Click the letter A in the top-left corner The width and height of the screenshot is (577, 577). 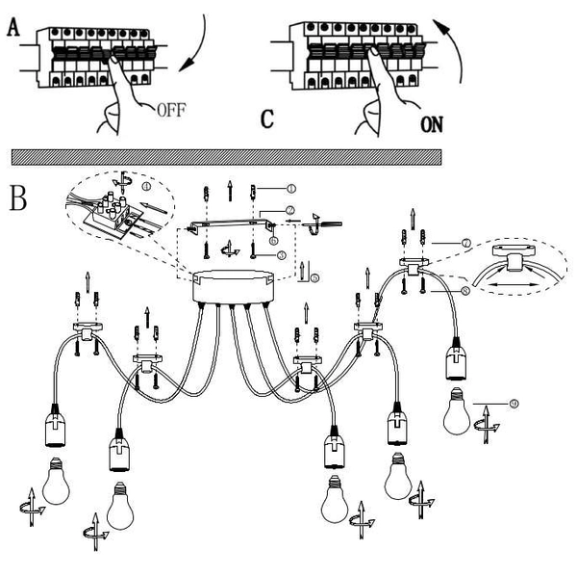click(13, 30)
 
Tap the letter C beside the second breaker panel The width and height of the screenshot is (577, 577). click(268, 120)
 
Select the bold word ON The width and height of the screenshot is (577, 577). click(435, 124)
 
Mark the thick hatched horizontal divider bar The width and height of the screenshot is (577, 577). click(226, 156)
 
